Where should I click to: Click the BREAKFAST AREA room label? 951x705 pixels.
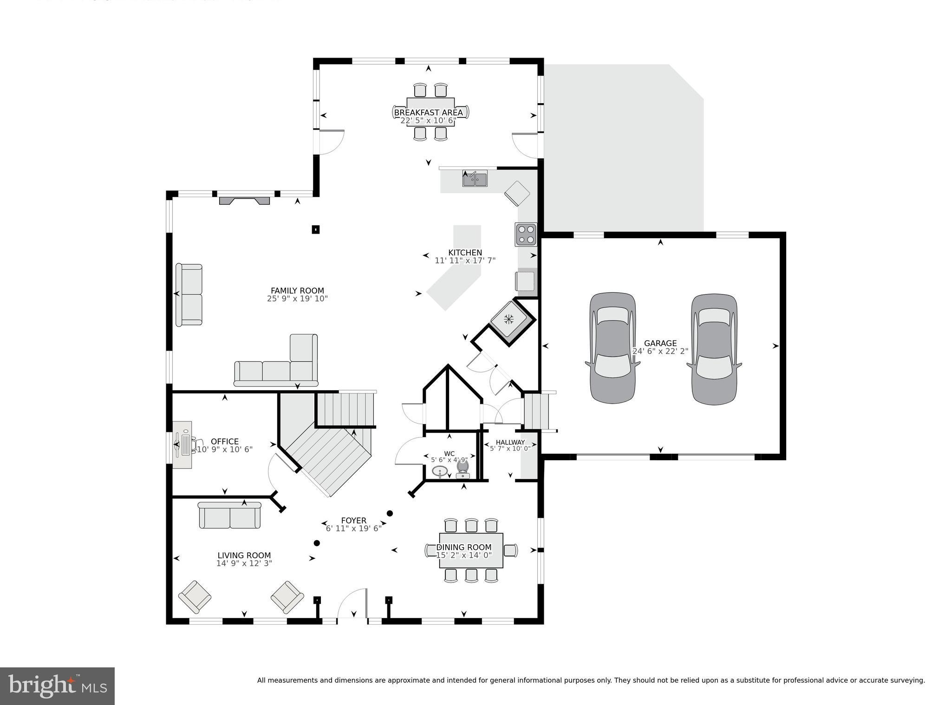coord(428,112)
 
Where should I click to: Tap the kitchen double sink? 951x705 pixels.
coord(475,179)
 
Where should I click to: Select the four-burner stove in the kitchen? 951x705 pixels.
coord(526,235)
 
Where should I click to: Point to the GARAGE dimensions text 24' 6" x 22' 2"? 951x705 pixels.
coord(660,352)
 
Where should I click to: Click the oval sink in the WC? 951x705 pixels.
coord(440,471)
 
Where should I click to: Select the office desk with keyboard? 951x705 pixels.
coord(182,444)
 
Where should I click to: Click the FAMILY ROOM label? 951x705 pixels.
coord(297,291)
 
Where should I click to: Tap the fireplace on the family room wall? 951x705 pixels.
coord(244,201)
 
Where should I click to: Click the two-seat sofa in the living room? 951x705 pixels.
coord(229,516)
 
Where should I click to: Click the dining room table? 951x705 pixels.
coord(470,550)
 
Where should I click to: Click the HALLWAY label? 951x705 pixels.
coord(510,442)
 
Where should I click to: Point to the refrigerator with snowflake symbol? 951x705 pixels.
coord(509,320)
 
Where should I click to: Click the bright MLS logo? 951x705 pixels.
coord(57,686)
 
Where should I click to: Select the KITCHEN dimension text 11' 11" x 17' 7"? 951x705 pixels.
coord(465,261)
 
